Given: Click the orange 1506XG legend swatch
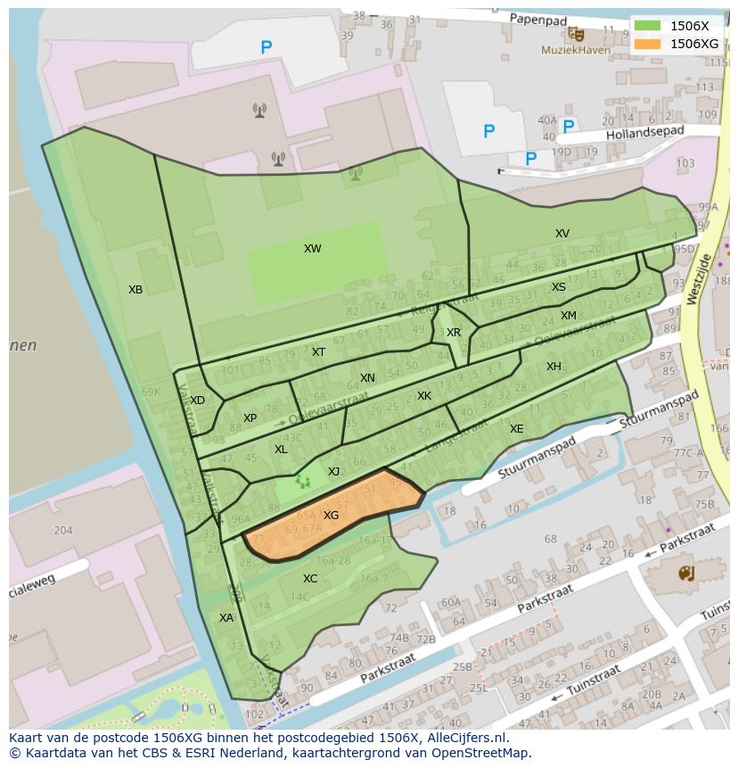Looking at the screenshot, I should (x=647, y=44).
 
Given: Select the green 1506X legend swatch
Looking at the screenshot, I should (x=647, y=26).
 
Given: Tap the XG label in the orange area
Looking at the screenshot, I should (x=331, y=516).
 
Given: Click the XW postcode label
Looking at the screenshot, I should (x=312, y=249).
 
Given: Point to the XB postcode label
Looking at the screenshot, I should (x=135, y=290).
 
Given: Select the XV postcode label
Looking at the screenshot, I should (x=562, y=234).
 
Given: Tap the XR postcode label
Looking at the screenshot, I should (x=454, y=333).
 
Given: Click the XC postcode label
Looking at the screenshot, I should (x=310, y=579).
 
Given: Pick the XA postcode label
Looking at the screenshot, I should (x=226, y=618).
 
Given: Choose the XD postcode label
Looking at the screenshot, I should (x=197, y=401).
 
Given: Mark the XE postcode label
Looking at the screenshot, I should (x=517, y=429).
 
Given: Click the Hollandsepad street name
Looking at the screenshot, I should (x=644, y=133).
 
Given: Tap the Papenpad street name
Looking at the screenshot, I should (x=539, y=18).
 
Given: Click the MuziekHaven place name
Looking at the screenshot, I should (x=576, y=51).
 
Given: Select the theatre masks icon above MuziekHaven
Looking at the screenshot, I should (x=577, y=34).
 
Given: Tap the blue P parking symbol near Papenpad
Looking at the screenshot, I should (x=266, y=48).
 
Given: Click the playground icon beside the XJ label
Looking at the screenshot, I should (x=303, y=482).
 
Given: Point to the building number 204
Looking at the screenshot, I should (x=62, y=530).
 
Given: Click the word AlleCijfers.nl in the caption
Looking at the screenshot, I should (x=464, y=738).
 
